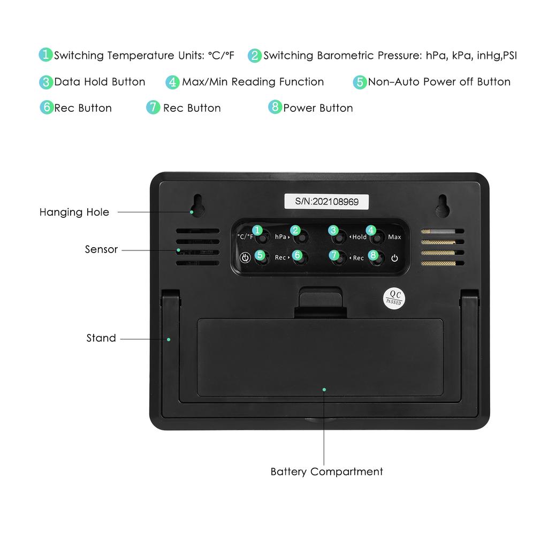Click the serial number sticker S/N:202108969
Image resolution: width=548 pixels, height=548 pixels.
326,202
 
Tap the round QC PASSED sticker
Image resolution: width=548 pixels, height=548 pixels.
394,298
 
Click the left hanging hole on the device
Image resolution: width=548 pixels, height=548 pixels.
197,205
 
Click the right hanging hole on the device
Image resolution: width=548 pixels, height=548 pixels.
443,205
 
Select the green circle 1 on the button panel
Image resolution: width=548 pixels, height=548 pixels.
257,230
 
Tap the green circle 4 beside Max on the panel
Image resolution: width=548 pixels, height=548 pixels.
370,230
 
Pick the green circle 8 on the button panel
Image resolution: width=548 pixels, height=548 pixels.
373,255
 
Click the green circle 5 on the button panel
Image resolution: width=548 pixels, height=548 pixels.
260,255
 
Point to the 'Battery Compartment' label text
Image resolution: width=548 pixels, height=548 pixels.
326,471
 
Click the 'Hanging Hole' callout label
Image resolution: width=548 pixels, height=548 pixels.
74,212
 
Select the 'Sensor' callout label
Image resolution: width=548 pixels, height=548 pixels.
101,249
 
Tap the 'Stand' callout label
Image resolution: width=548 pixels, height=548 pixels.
101,338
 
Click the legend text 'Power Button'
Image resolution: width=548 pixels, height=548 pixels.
318,108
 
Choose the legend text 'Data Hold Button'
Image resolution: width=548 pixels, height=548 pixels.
100,82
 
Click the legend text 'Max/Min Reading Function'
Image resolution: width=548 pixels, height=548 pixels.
253,82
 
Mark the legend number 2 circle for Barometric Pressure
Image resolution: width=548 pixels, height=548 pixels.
255,56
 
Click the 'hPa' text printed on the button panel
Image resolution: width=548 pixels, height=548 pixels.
280,237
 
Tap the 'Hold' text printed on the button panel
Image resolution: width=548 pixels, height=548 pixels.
359,237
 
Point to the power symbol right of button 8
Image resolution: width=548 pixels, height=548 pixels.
394,258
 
